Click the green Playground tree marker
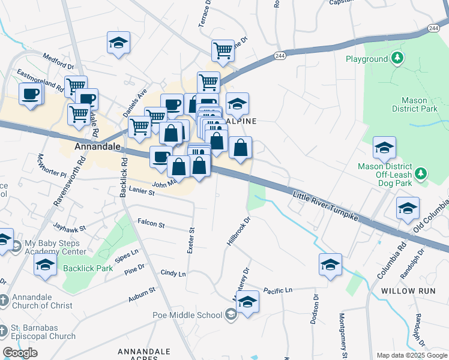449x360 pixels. [396, 58]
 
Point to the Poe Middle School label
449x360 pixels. [187, 315]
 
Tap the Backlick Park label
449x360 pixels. [88, 268]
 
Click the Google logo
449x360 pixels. [20, 353]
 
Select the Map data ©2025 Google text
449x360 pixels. [411, 355]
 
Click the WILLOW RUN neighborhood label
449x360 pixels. [406, 290]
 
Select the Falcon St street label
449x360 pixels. [151, 223]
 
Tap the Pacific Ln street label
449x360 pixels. [277, 290]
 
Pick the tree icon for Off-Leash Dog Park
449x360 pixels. [421, 173]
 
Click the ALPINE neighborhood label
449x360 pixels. [241, 121]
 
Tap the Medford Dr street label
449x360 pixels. [58, 61]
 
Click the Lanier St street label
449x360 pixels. [142, 192]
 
